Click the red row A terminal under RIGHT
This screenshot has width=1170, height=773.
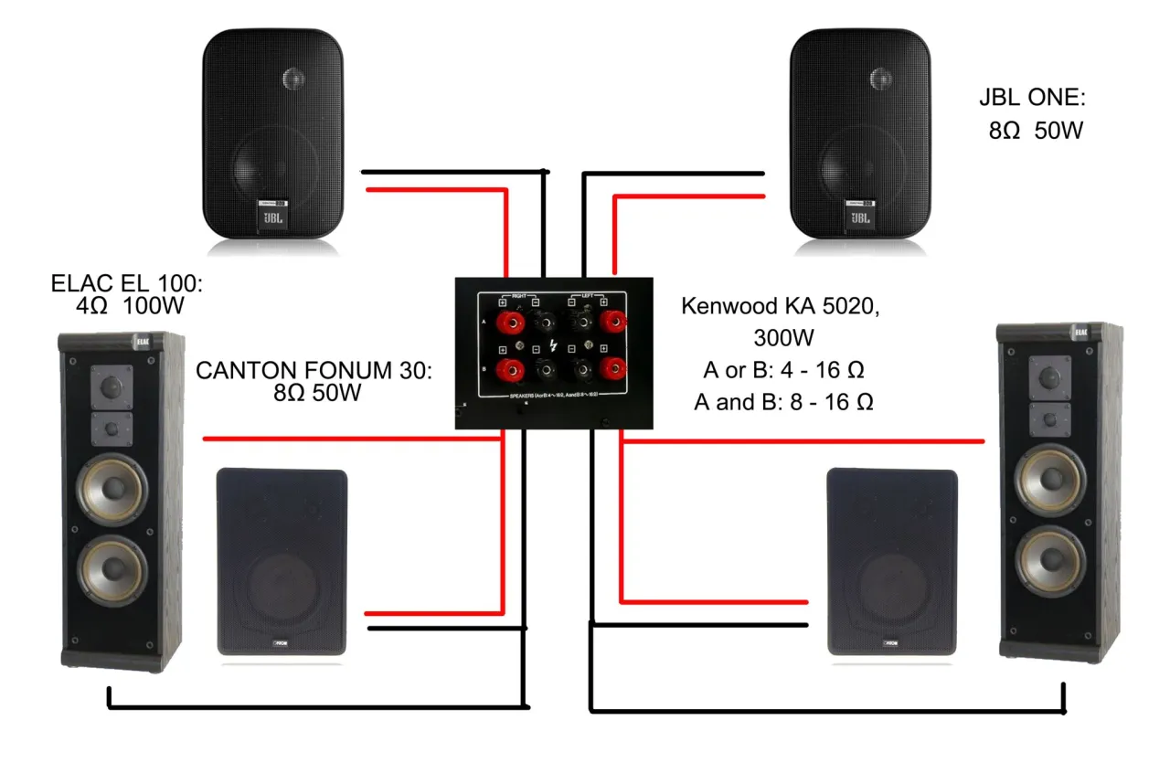506,323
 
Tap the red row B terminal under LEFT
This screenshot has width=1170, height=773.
611,368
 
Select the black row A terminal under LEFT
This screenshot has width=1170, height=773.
578,323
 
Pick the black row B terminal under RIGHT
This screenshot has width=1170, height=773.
542,368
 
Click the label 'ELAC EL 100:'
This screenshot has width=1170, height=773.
127,283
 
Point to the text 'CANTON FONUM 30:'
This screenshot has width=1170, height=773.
313,372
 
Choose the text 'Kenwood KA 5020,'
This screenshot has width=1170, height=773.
781,306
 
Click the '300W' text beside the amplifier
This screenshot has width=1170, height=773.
783,338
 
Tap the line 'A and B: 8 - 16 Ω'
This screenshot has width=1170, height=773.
783,402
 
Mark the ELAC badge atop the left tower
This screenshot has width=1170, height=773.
143,343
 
